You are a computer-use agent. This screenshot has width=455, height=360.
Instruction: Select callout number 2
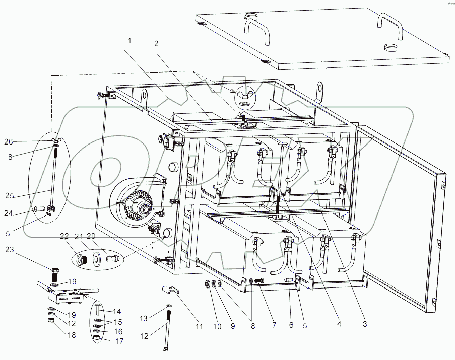point(156,43)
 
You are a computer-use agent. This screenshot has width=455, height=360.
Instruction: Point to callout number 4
point(339,324)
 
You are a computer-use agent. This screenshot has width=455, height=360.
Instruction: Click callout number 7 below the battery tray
point(274,326)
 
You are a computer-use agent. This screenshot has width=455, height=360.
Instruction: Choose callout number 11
point(199,327)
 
